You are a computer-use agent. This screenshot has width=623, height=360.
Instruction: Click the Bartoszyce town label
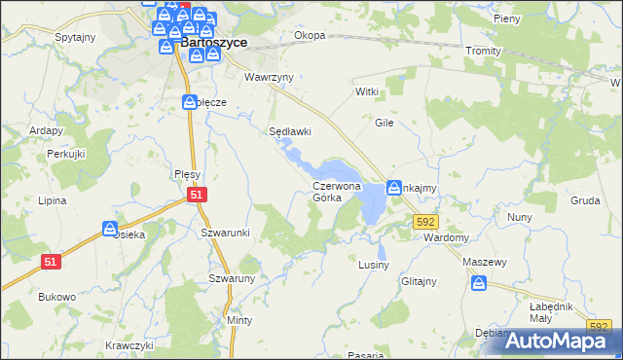point(212,44)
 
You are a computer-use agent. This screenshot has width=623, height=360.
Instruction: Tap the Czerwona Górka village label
point(337,191)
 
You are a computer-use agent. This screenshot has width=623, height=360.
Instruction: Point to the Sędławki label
point(289,131)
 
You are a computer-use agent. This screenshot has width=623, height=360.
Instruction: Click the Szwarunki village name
point(226,233)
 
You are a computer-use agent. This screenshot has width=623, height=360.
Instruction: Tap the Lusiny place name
point(374,265)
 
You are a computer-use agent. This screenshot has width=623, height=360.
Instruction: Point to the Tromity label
point(483,51)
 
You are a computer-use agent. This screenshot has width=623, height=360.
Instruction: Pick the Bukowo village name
point(56,297)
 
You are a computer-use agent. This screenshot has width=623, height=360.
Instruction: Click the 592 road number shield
point(424,222)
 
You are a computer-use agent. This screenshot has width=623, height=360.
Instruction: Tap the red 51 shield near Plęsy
point(198,195)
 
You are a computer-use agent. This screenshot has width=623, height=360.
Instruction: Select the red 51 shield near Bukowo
point(52,261)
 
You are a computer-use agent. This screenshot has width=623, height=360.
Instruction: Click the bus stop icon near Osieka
point(110,229)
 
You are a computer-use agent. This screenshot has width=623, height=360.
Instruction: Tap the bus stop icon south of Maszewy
point(479,283)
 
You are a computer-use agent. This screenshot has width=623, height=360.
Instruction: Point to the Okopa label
point(310,36)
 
